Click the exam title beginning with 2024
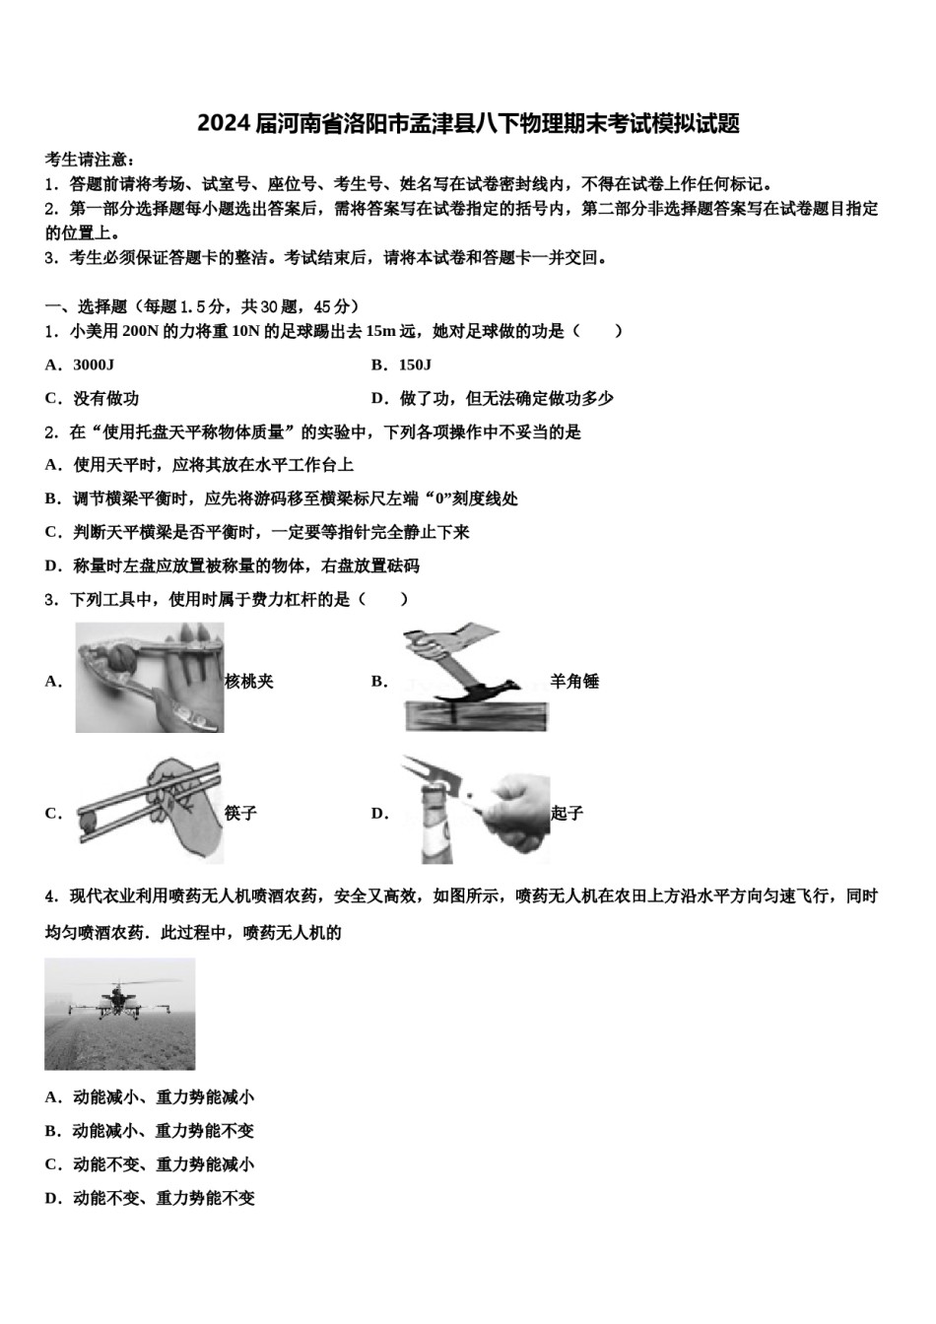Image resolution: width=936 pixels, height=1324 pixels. click(x=468, y=124)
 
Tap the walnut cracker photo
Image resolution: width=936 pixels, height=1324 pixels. click(x=150, y=678)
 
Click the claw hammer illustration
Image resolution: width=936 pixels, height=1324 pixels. click(x=474, y=678)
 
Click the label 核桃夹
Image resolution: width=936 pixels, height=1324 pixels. click(x=249, y=681)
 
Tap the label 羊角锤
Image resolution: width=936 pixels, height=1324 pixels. click(x=574, y=681)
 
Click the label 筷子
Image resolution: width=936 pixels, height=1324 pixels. click(x=240, y=813)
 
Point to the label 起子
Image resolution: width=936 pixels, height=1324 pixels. click(x=568, y=813)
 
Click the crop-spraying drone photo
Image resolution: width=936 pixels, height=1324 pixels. click(x=119, y=1014)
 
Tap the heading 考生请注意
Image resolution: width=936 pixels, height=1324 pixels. click(x=90, y=160)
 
